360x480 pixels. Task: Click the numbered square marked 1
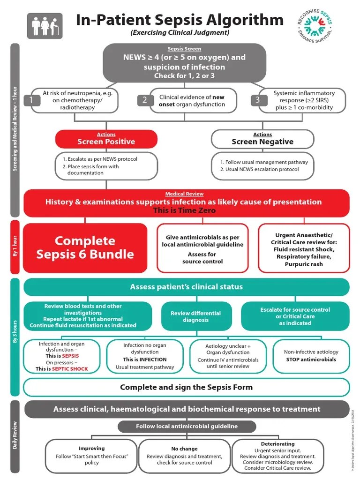pyautogui.click(x=31, y=100)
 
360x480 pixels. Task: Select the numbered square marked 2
pyautogui.click(x=145, y=100)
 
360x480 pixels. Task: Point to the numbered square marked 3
pyautogui.click(x=257, y=100)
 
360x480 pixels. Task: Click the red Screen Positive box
pyautogui.click(x=106, y=139)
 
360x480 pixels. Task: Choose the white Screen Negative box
pyautogui.click(x=262, y=139)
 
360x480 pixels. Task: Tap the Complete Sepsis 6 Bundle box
pyautogui.click(x=85, y=247)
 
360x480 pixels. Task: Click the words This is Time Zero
pyautogui.click(x=184, y=210)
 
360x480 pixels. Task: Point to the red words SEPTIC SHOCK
pyautogui.click(x=69, y=369)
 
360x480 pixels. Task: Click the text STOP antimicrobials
pyautogui.click(x=311, y=360)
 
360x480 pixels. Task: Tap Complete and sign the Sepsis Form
pyautogui.click(x=186, y=387)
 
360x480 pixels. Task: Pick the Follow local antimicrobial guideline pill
pyautogui.click(x=187, y=426)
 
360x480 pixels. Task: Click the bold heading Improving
pyautogui.click(x=91, y=448)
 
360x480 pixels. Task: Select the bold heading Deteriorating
pyautogui.click(x=277, y=443)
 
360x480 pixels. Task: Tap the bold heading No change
pyautogui.click(x=184, y=449)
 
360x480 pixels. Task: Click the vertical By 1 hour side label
pyautogui.click(x=15, y=247)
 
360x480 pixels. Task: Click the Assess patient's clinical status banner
pyautogui.click(x=186, y=287)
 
